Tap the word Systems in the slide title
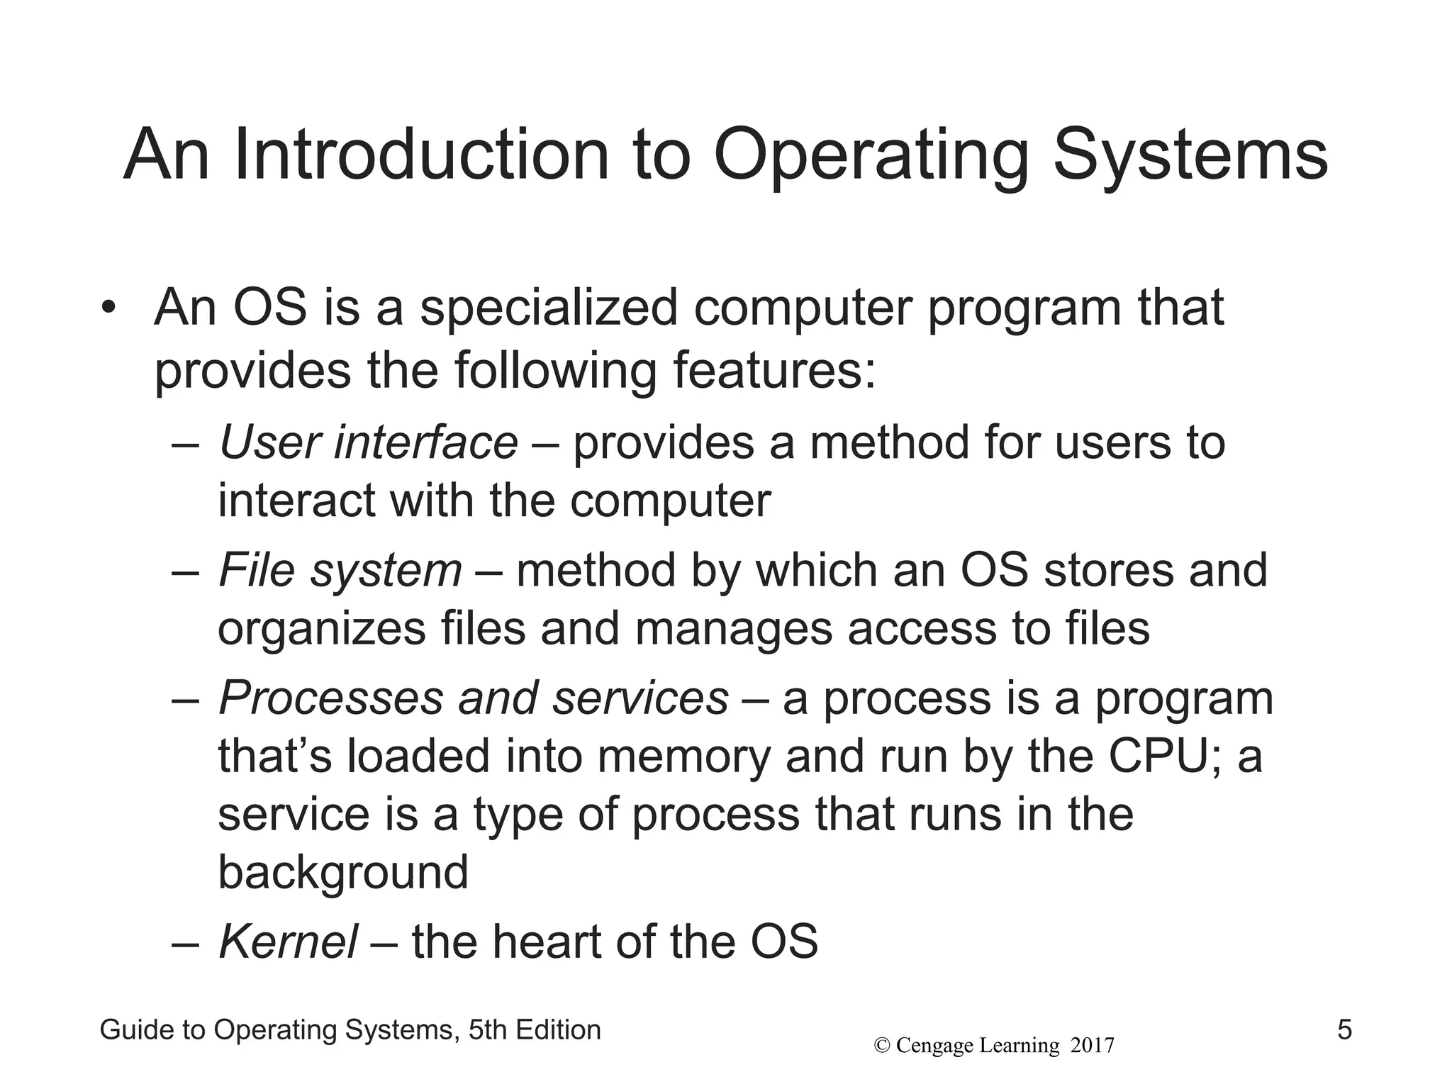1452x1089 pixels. point(1190,155)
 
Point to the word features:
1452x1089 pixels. point(774,370)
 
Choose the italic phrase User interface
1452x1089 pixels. point(369,442)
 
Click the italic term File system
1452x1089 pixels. point(340,571)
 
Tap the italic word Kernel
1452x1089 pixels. point(288,942)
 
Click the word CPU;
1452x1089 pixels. point(1165,756)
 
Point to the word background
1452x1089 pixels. point(343,872)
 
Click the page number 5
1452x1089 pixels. point(1344,1030)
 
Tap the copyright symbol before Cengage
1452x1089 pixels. point(882,1046)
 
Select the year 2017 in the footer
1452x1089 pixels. point(1092,1046)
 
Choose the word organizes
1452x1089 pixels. point(321,629)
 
